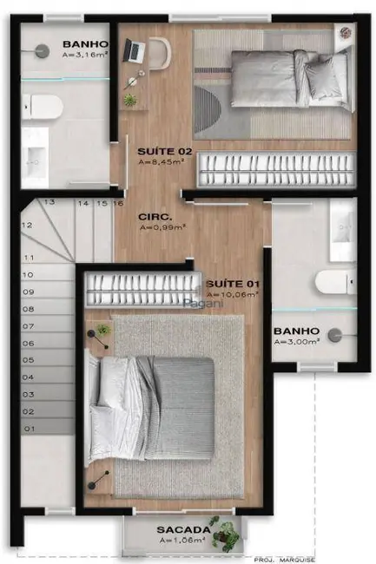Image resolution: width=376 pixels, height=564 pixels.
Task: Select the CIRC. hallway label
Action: (153, 215)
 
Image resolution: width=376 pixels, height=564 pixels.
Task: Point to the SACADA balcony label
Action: (182, 529)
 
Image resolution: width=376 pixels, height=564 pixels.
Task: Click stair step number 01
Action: (29, 428)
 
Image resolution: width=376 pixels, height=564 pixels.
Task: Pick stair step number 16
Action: (118, 204)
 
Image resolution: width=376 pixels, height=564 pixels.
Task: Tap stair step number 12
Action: (28, 225)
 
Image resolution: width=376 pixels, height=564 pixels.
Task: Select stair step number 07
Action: (29, 326)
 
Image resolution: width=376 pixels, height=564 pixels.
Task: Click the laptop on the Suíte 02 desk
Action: (135, 51)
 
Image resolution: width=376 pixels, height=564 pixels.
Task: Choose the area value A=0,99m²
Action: (163, 227)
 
